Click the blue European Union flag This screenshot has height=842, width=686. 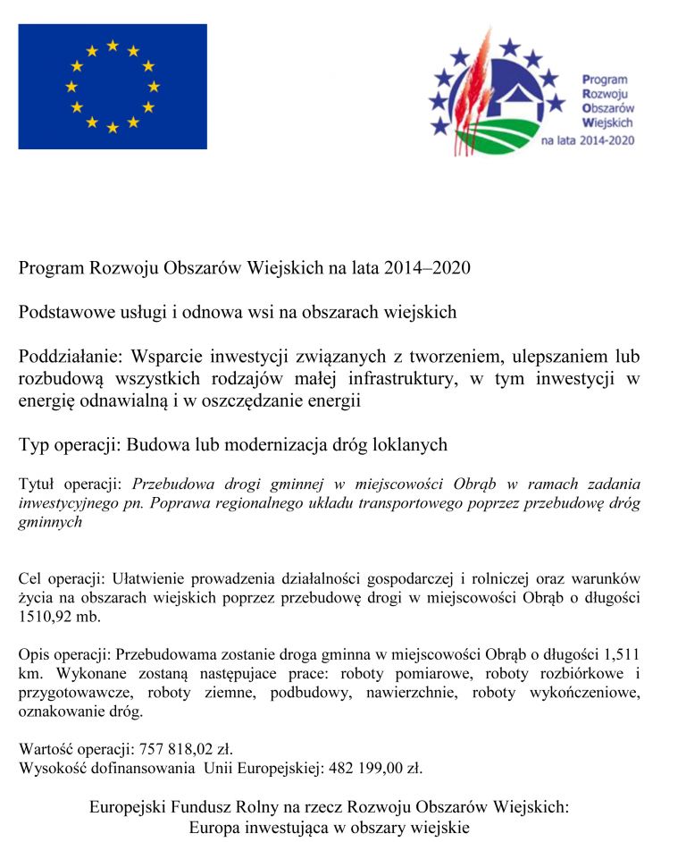tap(113, 87)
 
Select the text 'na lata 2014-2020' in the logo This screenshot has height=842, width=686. tap(587, 141)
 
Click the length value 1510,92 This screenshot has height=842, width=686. tap(47, 617)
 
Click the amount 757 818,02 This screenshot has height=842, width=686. tap(177, 749)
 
